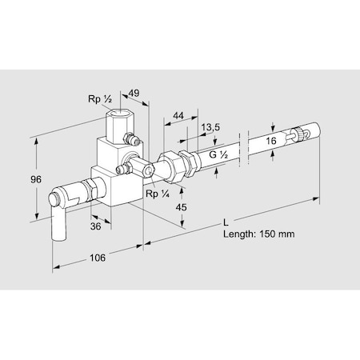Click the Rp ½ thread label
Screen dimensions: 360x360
pos(99,100)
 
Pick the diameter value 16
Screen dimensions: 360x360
pos(272,140)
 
